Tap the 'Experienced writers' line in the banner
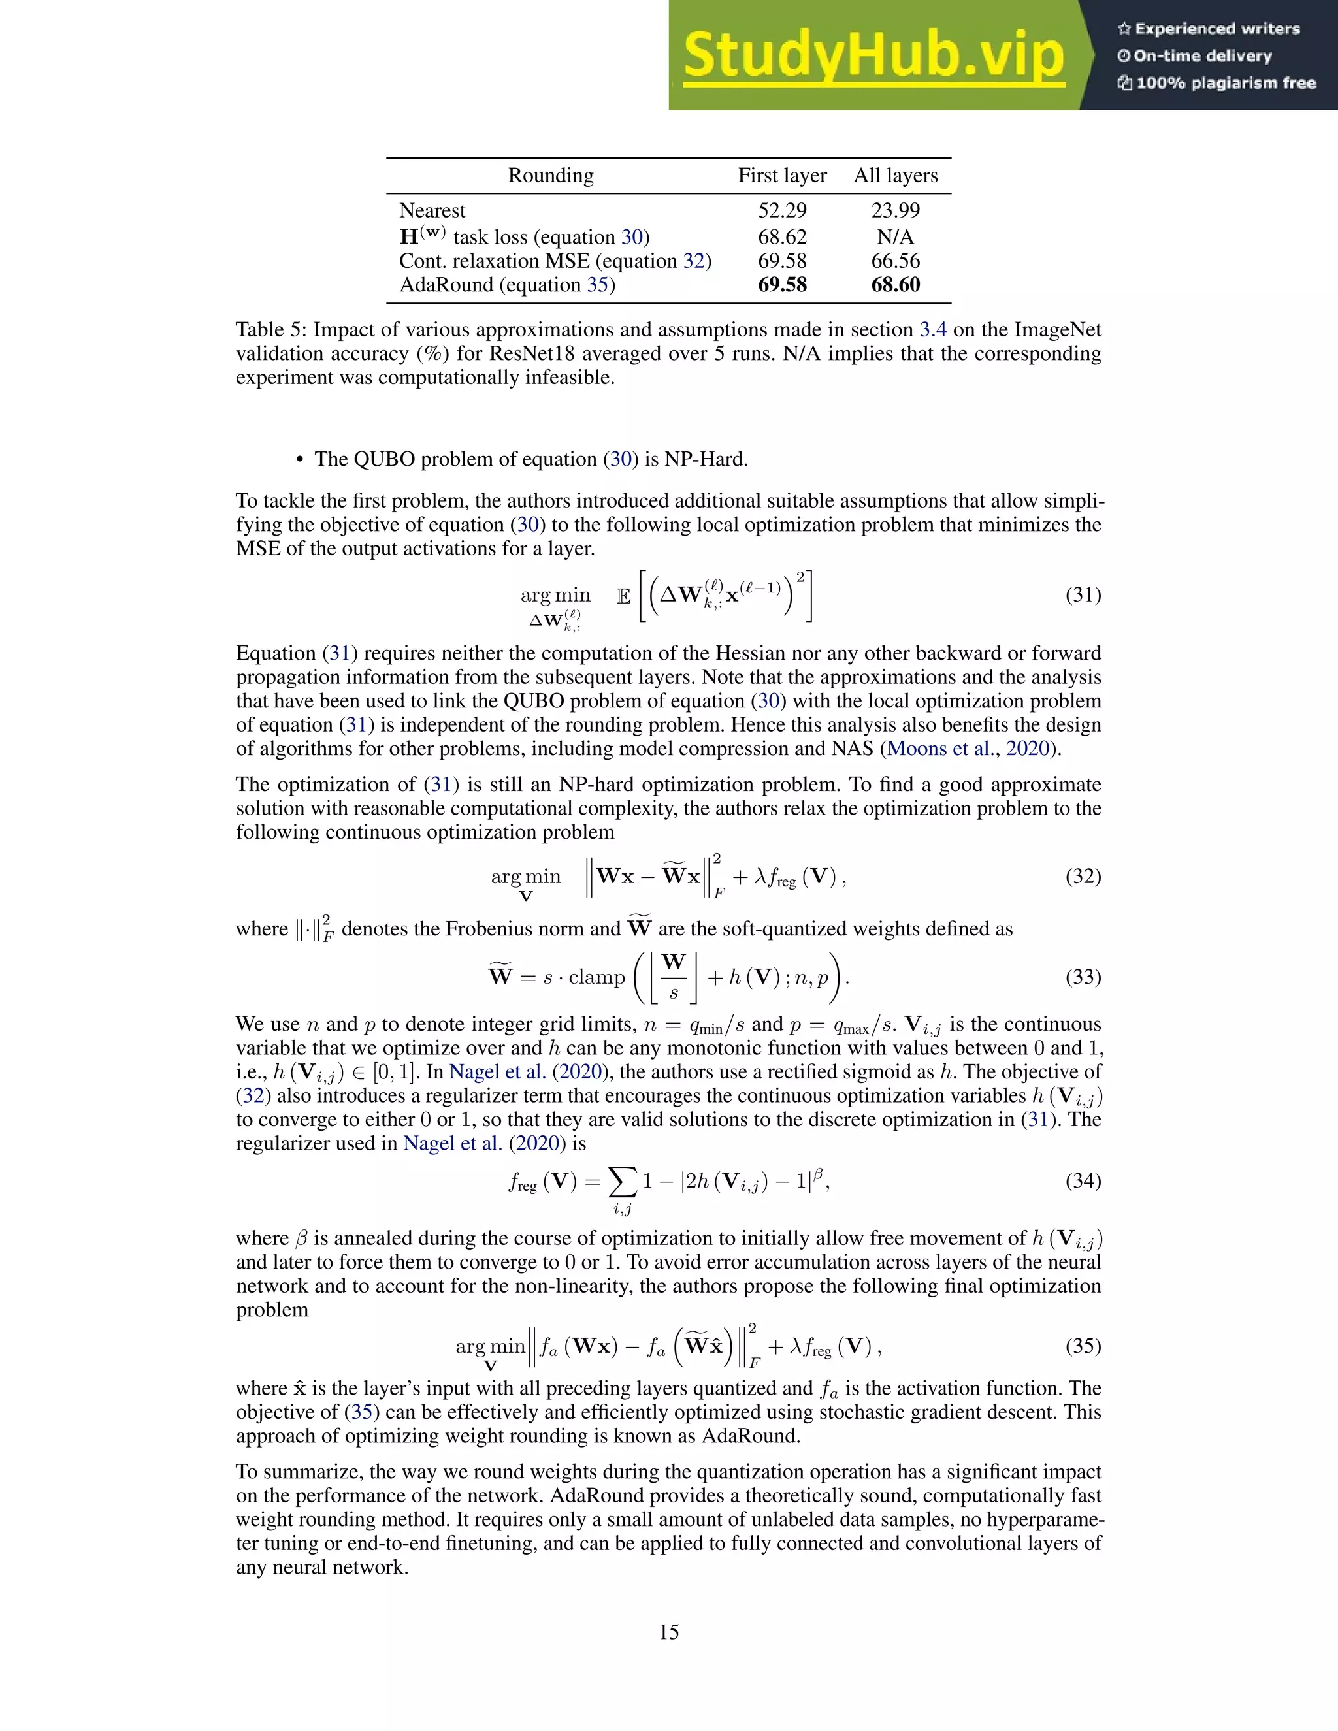tap(1209, 29)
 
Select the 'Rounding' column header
tap(550, 175)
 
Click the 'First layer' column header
tap(781, 175)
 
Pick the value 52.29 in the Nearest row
tap(781, 211)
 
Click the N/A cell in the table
tap(895, 237)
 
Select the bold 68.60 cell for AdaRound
tap(895, 285)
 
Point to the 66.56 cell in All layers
tap(895, 261)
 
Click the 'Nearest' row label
tap(432, 211)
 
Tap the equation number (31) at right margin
tap(1083, 594)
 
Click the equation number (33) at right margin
tap(1083, 977)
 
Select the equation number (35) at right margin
tap(1083, 1346)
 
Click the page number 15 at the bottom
tap(668, 1632)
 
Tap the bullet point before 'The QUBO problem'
tap(300, 461)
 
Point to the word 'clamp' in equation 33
tap(597, 977)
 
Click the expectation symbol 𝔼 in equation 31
tap(624, 596)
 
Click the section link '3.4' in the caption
tap(932, 330)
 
